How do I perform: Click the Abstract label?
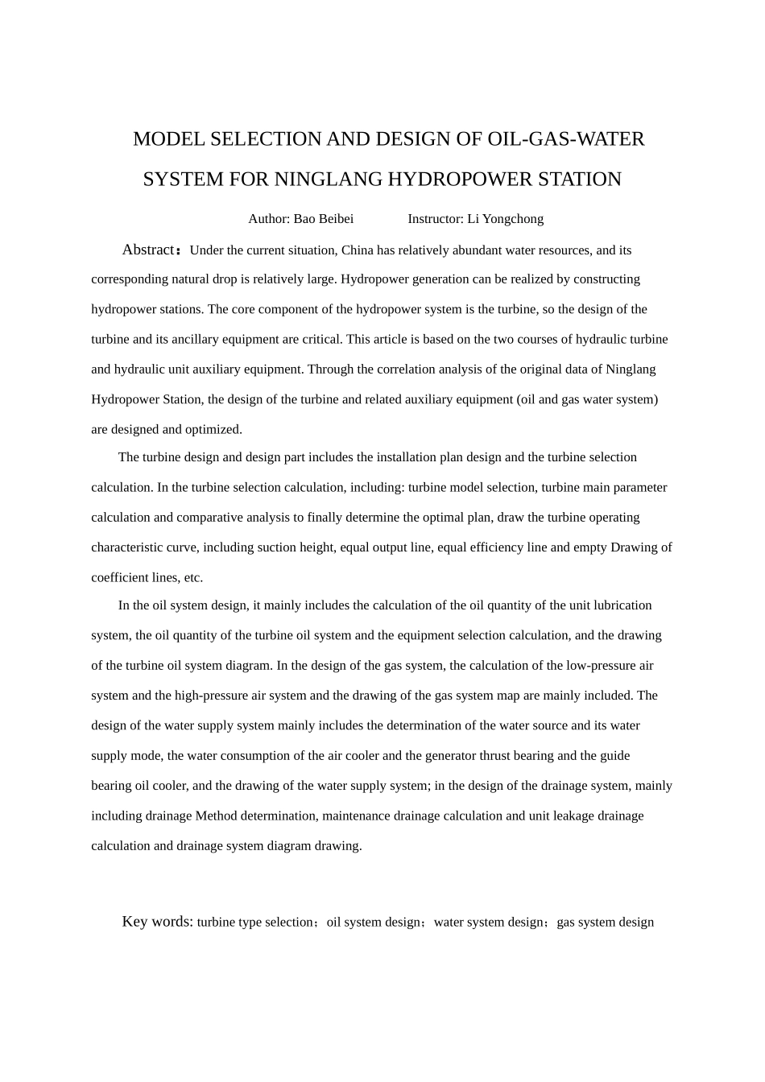tap(149, 250)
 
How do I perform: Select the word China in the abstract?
tap(358, 250)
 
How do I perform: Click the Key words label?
tap(157, 922)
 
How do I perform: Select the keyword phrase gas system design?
tap(605, 923)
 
